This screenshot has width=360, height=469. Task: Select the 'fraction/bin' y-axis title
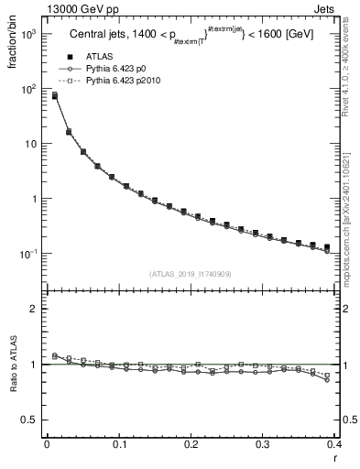click(11, 47)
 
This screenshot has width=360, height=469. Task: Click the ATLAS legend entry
click(100, 57)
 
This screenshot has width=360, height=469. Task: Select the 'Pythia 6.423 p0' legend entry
click(116, 70)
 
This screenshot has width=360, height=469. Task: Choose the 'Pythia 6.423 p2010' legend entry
click(124, 82)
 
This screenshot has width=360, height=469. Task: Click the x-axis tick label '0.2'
click(191, 444)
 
